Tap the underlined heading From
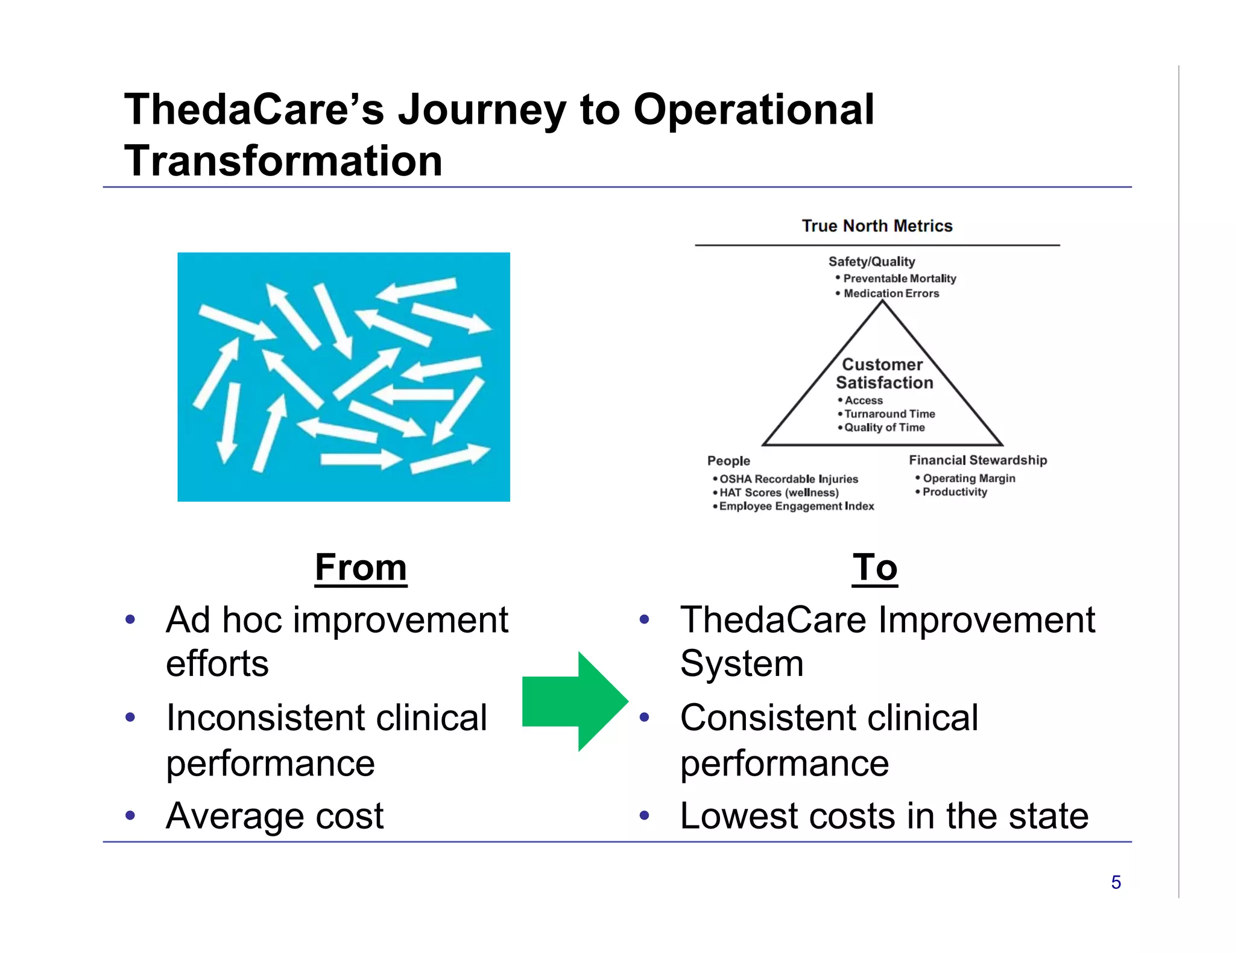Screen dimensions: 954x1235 coord(361,568)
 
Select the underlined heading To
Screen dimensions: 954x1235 coord(874,568)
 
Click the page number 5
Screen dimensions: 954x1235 coord(1116,883)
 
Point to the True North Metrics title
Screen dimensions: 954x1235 coord(877,226)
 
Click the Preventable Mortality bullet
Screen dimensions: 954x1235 coord(899,279)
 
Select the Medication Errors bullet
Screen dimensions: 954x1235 coord(891,294)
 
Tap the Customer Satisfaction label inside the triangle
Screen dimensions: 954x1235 coord(883,374)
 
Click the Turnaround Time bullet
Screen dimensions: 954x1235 coord(889,414)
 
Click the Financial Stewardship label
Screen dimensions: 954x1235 coord(978,461)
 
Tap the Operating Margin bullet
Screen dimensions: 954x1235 coord(968,479)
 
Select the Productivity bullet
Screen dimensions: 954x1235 coord(955,492)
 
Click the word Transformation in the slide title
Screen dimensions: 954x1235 coord(283,162)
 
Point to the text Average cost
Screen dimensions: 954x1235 coord(274,816)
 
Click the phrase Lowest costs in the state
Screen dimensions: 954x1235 coord(884,816)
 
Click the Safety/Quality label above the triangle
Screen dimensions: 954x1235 coord(871,262)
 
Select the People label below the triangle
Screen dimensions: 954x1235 coord(728,461)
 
